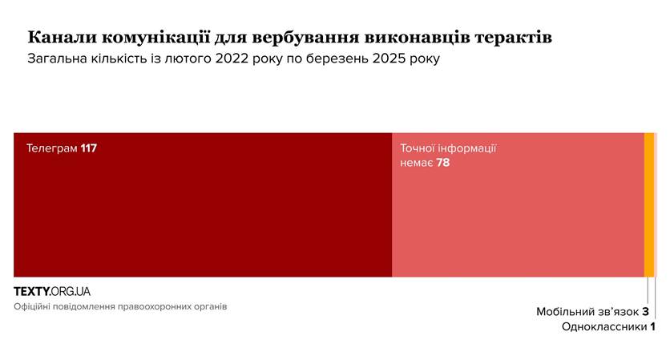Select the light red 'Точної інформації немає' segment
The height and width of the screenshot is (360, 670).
coord(517,216)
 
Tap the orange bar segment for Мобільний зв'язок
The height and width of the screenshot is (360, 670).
coord(648,204)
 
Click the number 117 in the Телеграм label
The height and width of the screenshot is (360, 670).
coord(89,148)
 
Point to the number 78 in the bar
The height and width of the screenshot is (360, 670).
coord(443,163)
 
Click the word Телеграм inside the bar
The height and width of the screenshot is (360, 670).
coord(52,148)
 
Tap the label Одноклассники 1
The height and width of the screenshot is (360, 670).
coord(608,327)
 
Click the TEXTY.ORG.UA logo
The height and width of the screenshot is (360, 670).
coord(52,291)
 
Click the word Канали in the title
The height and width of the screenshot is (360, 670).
coord(58,38)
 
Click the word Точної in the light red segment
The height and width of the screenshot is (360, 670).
coord(420,148)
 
